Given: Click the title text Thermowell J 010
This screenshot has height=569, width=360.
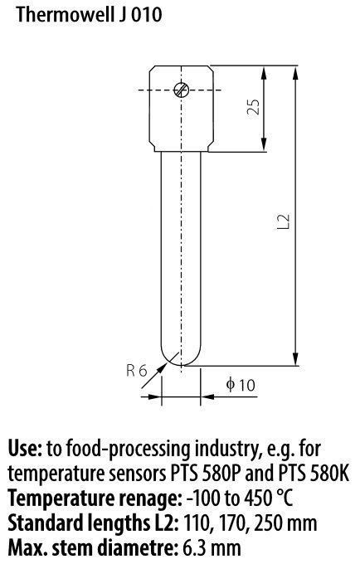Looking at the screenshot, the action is pyautogui.click(x=89, y=15).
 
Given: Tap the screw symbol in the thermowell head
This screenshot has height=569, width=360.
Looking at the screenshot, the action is pyautogui.click(x=181, y=90).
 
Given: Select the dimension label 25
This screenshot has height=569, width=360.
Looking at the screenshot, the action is pyautogui.click(x=254, y=107).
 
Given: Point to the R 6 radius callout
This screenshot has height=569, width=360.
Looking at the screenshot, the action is pyautogui.click(x=137, y=371).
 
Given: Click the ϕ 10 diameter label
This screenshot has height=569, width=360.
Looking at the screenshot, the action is pyautogui.click(x=241, y=385).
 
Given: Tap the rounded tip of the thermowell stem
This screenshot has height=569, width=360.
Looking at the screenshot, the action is pyautogui.click(x=181, y=357).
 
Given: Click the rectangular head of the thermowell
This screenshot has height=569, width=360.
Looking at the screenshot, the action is pyautogui.click(x=181, y=109).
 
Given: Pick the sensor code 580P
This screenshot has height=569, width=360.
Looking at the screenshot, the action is pyautogui.click(x=223, y=474).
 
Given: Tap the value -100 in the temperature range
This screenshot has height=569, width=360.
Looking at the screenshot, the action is pyautogui.click(x=203, y=498).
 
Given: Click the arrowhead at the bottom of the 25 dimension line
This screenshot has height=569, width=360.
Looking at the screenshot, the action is pyautogui.click(x=264, y=144).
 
